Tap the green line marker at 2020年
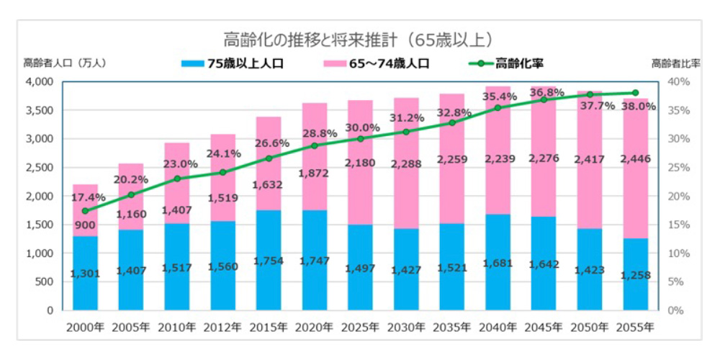click(314, 146)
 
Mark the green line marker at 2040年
click(498, 108)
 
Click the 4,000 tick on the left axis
click(40, 82)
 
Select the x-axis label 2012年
click(222, 327)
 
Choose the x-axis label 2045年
click(544, 327)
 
